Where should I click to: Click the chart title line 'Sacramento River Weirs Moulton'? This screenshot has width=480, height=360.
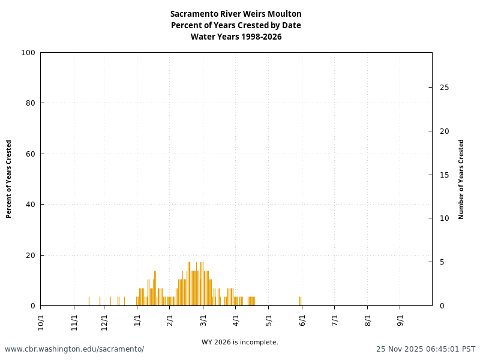click(236, 14)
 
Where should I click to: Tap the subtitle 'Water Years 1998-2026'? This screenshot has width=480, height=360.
click(236, 37)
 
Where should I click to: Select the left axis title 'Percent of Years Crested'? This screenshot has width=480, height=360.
click(9, 179)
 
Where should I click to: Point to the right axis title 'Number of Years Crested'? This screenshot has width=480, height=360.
click(461, 179)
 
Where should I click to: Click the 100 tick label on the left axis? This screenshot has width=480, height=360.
click(28, 53)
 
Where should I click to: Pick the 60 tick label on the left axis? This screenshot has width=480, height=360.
click(30, 154)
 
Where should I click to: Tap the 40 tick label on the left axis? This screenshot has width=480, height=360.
click(30, 205)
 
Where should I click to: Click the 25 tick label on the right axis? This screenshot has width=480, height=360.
click(444, 88)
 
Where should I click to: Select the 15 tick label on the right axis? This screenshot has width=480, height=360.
click(444, 175)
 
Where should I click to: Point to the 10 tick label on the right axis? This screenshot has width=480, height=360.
click(444, 218)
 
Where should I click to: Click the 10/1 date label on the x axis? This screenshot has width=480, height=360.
click(41, 319)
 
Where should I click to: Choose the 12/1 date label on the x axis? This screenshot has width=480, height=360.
click(104, 319)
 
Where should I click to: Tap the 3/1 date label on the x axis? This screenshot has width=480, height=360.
click(203, 319)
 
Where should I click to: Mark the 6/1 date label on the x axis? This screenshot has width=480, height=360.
click(302, 319)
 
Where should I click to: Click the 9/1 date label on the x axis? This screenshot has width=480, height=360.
click(400, 319)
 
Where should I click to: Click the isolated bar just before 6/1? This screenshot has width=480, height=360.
click(300, 301)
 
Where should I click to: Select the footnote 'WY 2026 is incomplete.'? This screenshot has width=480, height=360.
click(240, 343)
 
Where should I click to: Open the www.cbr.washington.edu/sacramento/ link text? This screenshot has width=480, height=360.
click(74, 349)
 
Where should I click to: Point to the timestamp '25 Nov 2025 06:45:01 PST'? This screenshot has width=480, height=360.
click(425, 349)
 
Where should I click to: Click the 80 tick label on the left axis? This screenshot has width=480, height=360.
click(30, 103)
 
